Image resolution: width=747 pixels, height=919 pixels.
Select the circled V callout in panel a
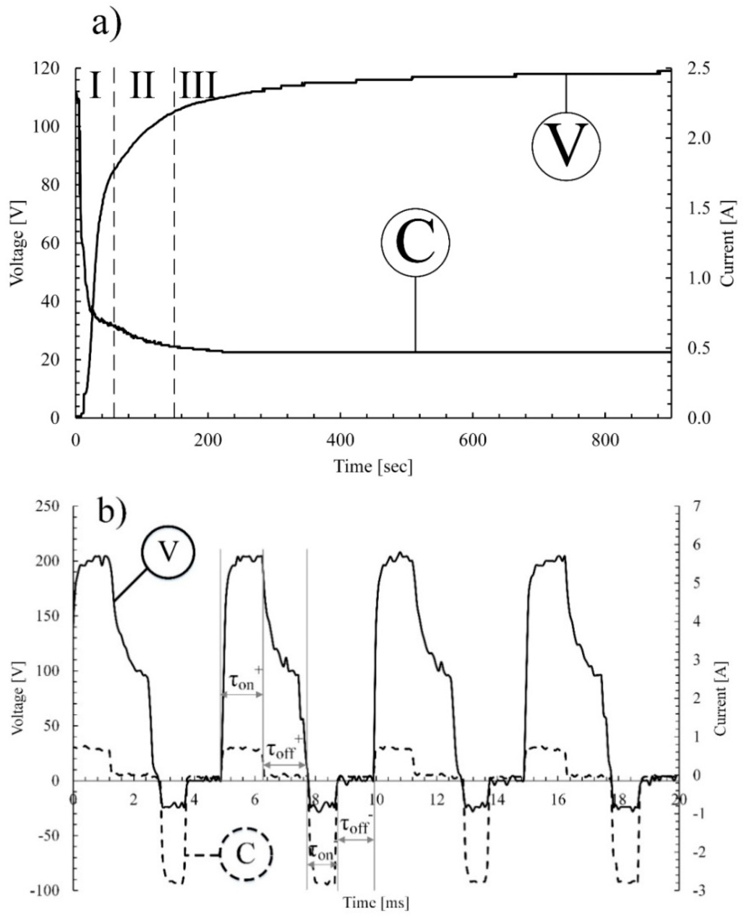(x=566, y=146)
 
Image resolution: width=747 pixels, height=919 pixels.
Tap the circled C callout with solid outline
(x=415, y=242)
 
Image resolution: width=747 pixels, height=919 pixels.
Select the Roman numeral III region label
(x=197, y=85)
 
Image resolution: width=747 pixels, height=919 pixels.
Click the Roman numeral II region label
(x=142, y=85)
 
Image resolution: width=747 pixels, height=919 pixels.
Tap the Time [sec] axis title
(x=373, y=466)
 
